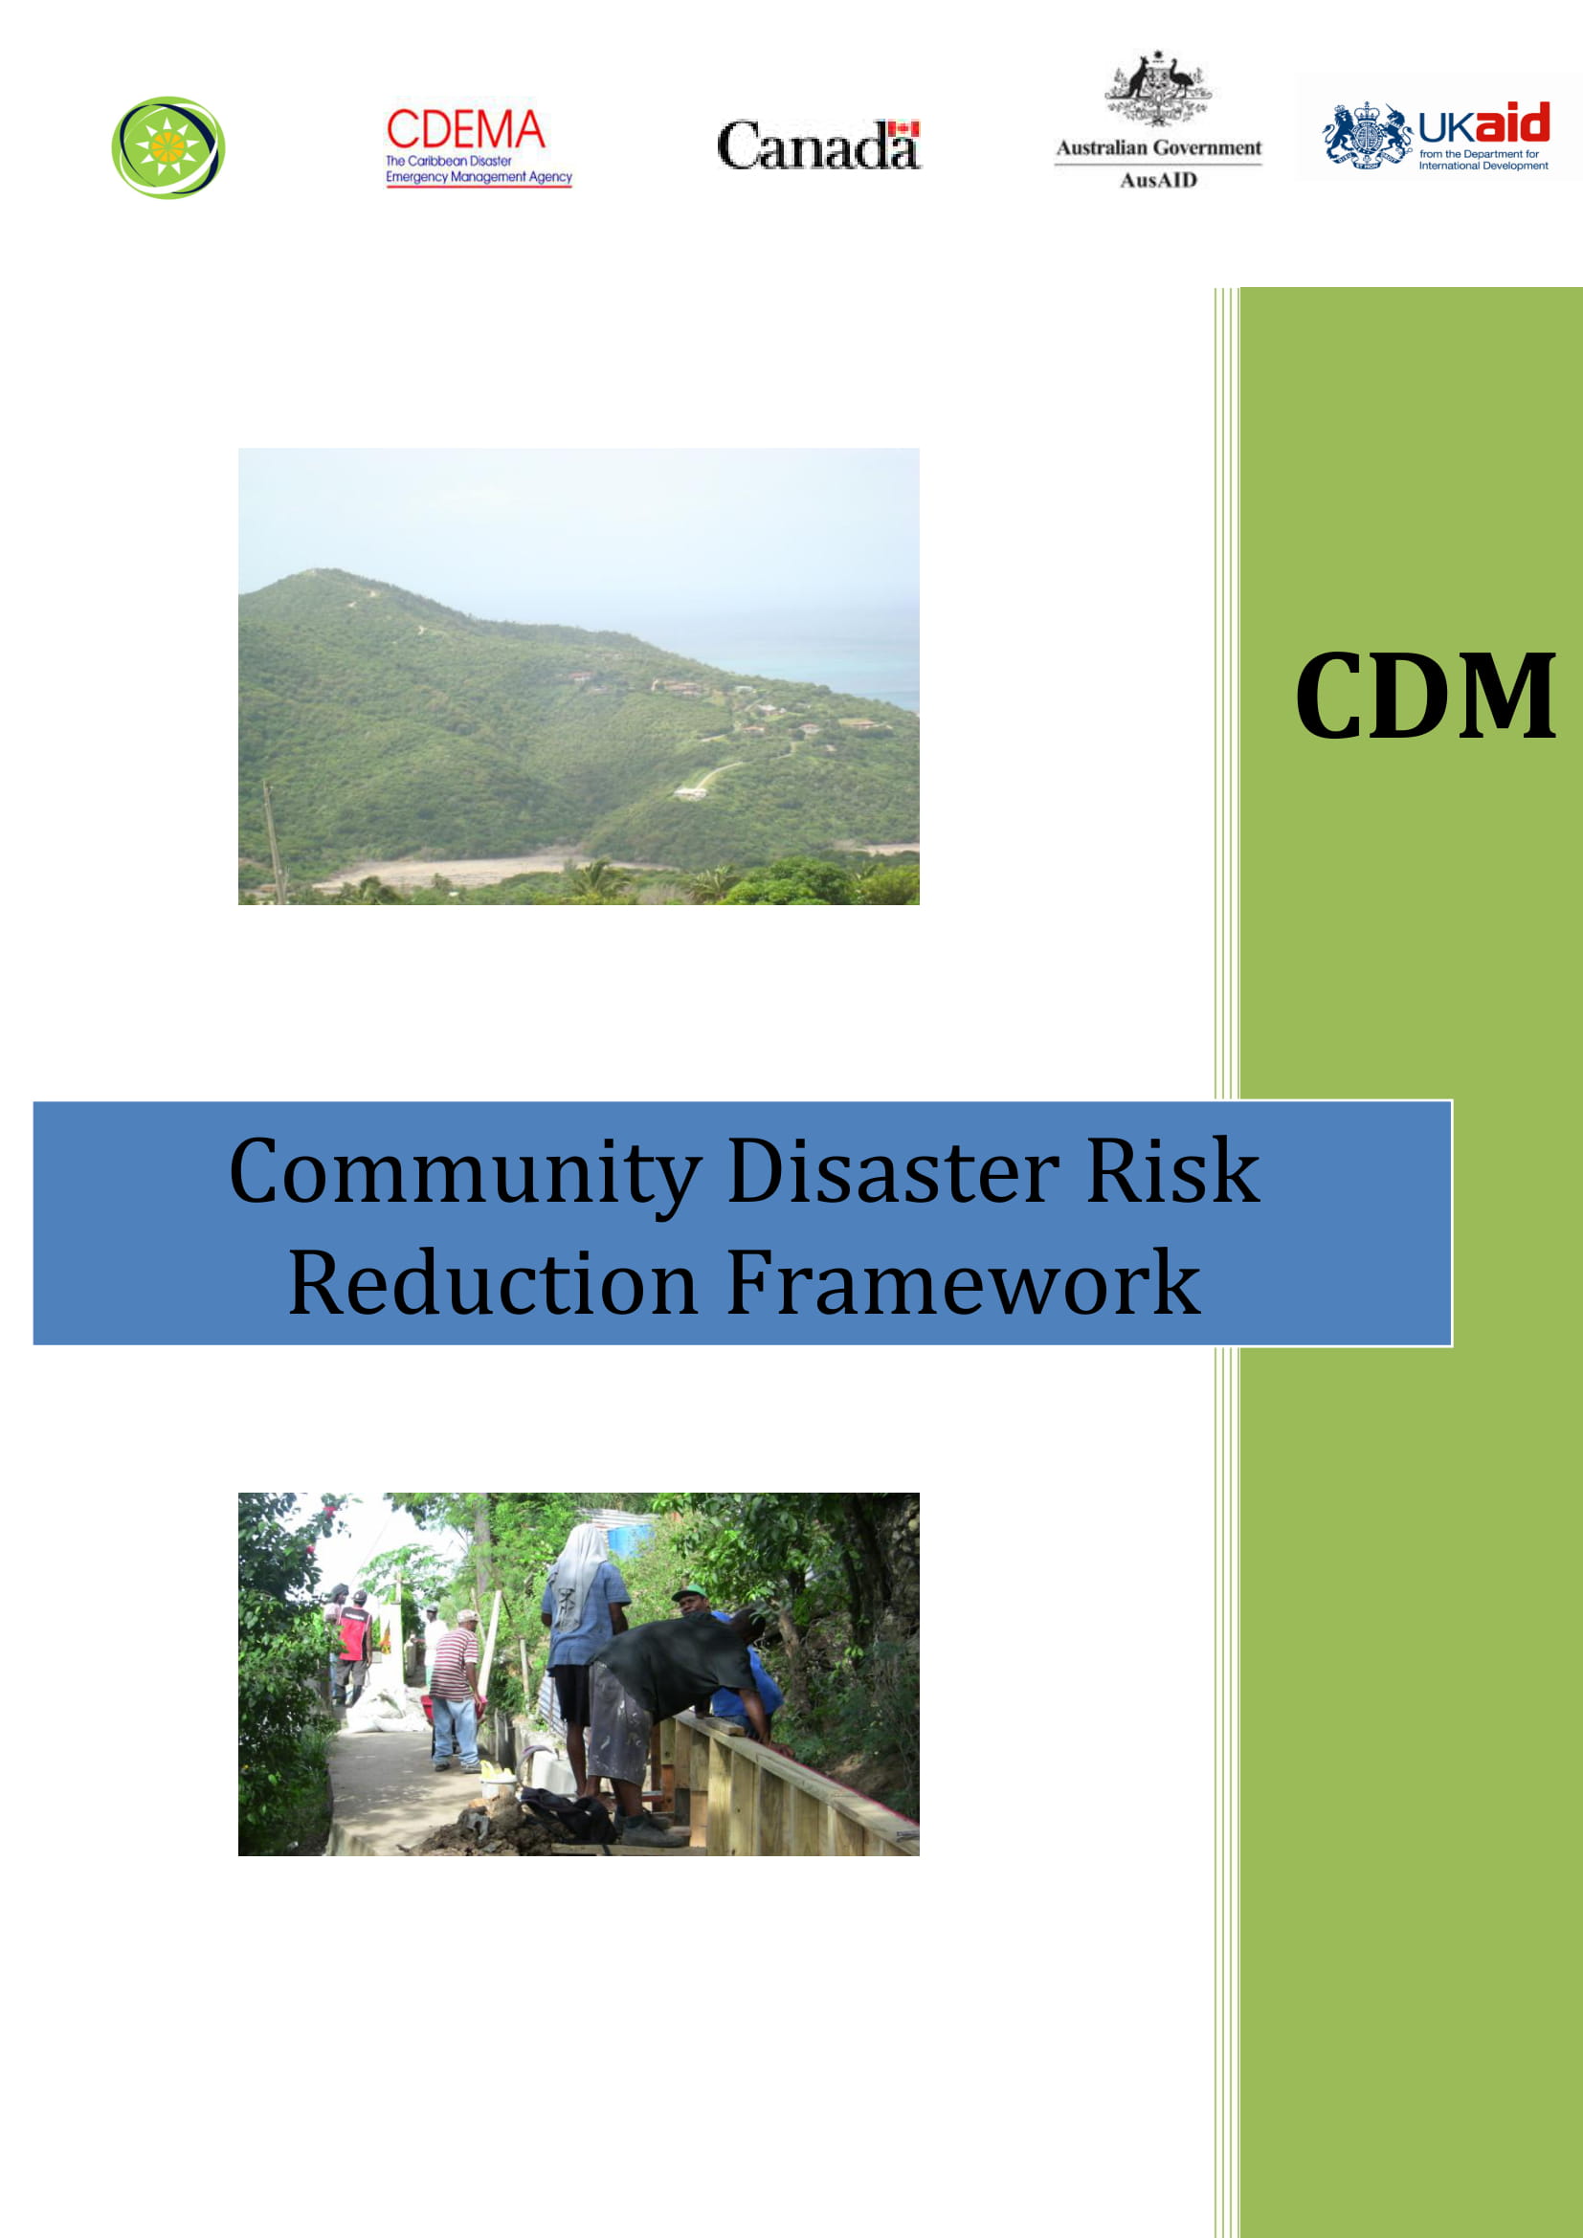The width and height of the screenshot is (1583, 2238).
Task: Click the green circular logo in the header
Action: [x=168, y=148]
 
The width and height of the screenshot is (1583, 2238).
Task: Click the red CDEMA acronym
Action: [x=465, y=129]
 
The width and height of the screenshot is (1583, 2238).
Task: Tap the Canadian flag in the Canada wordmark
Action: [x=903, y=128]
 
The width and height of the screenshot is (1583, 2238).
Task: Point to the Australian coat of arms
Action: [x=1158, y=90]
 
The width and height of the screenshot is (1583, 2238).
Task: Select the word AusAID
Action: [x=1158, y=180]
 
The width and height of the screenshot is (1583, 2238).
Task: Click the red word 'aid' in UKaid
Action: [x=1511, y=122]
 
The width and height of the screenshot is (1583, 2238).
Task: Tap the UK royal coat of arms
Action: [x=1367, y=136]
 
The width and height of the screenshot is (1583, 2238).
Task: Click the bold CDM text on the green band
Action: [x=1425, y=696]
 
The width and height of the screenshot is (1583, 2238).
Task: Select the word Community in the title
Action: [x=465, y=1172]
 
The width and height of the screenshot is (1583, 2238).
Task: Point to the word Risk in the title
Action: [x=1172, y=1172]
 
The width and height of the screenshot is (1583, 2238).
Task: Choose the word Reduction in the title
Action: [x=493, y=1284]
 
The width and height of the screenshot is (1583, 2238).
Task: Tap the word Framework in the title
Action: [x=963, y=1284]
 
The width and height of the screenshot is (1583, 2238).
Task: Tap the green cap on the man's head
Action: [x=688, y=1593]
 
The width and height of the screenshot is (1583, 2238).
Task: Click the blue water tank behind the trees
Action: [x=630, y=1541]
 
